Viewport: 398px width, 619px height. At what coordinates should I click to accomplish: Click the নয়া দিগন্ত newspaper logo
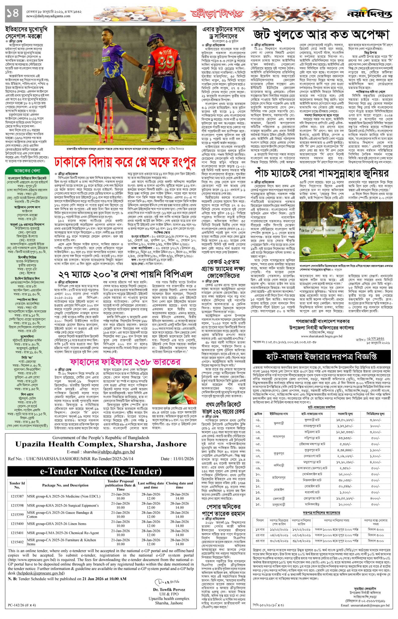click(369, 14)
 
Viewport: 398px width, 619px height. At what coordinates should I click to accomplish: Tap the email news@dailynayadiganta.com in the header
click(48, 16)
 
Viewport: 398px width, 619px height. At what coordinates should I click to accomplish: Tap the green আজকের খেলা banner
click(27, 171)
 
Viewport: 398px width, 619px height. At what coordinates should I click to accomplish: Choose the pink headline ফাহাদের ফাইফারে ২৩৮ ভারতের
click(125, 362)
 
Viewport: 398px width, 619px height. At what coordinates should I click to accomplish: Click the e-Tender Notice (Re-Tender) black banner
click(101, 471)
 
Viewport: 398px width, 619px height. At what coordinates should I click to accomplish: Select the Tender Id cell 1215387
click(17, 496)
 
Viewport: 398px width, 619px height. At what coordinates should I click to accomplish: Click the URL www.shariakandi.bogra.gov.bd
click(322, 336)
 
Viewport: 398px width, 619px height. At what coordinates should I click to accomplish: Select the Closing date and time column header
click(179, 485)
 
